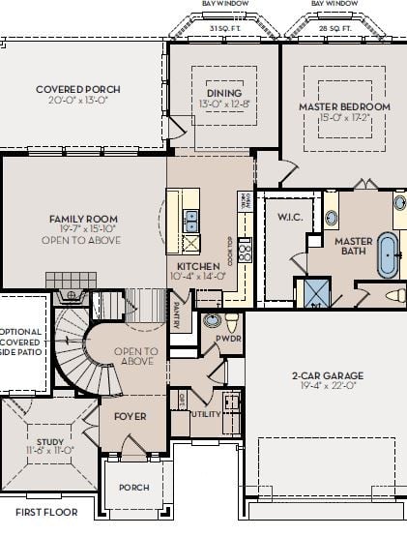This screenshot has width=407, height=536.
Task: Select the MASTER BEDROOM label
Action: pyautogui.click(x=344, y=106)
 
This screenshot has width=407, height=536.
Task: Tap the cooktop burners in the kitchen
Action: pyautogui.click(x=246, y=253)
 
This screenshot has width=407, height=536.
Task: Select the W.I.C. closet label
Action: pyautogui.click(x=290, y=217)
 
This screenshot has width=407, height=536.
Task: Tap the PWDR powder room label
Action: pyautogui.click(x=228, y=340)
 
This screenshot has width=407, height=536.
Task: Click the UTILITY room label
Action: pyautogui.click(x=205, y=413)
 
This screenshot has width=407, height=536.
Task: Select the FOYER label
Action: pyautogui.click(x=130, y=416)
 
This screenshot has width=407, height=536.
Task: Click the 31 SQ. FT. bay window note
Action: pyautogui.click(x=224, y=28)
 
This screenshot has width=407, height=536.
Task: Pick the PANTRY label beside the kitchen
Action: pyautogui.click(x=177, y=316)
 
